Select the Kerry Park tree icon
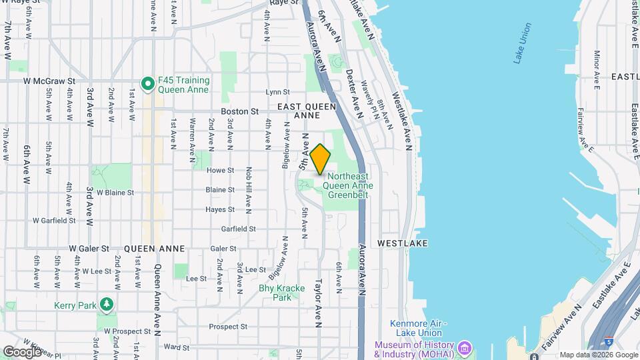106,305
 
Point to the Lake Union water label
523,43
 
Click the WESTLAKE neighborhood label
402,243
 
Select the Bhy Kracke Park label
275,293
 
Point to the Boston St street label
239,111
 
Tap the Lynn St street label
277,92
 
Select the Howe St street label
220,170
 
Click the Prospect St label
228,327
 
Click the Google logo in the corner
22,351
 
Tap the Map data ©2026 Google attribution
598,355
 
